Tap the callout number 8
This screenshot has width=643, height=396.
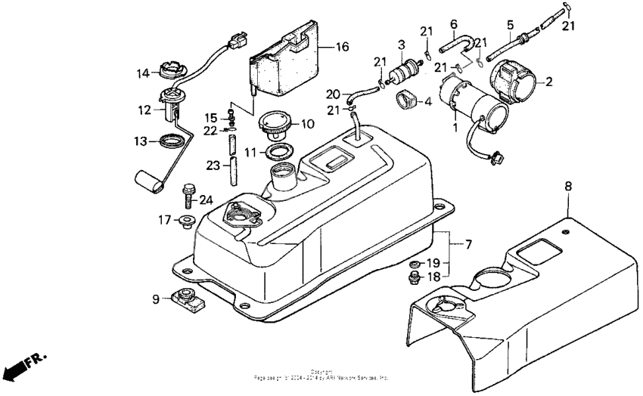coord(568,185)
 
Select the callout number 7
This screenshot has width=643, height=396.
coord(468,245)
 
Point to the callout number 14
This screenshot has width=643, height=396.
coord(143,73)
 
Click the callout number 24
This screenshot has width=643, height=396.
coord(205,200)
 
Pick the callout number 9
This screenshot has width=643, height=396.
coord(155,299)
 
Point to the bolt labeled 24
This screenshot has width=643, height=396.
coord(188,195)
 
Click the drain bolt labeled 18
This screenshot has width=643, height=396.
coord(414,279)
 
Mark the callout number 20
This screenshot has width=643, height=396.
coord(334,94)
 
